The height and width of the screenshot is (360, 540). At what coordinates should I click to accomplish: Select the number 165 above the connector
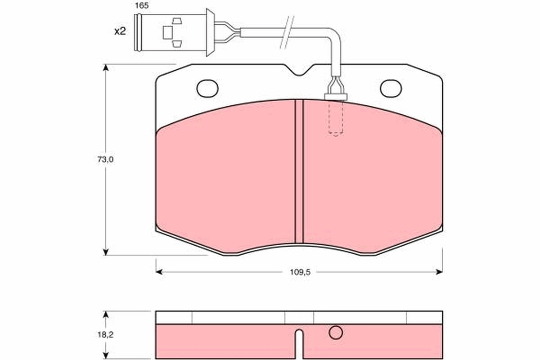pyautogui.click(x=142, y=6)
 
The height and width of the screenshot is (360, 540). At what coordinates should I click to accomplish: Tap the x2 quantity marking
pyautogui.click(x=120, y=31)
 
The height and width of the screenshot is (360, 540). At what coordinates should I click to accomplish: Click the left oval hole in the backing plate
pyautogui.click(x=207, y=88)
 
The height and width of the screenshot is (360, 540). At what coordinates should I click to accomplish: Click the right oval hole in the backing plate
pyautogui.click(x=391, y=88)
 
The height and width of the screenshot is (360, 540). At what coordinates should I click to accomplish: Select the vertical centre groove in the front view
pyautogui.click(x=299, y=171)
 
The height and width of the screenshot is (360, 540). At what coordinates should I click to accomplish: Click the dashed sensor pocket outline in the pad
pyautogui.click(x=336, y=118)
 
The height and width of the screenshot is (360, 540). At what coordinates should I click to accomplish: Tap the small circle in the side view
pyautogui.click(x=336, y=333)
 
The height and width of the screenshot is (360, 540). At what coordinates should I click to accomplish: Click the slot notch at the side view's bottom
pyautogui.click(x=299, y=344)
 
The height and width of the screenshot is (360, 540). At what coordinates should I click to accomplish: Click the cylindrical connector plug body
pyautogui.click(x=171, y=32)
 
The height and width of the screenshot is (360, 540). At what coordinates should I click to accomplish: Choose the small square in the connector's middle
pyautogui.click(x=167, y=32)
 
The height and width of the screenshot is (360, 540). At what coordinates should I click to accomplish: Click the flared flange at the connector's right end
pyautogui.click(x=210, y=32)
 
